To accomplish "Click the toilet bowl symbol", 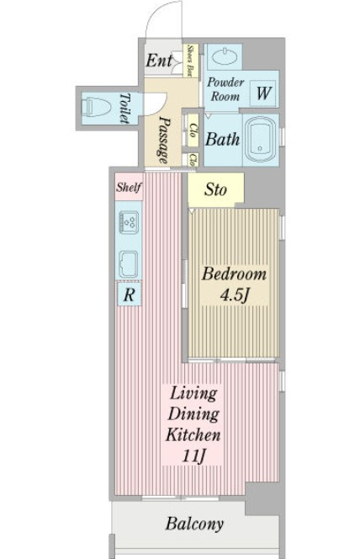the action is click(x=96, y=107).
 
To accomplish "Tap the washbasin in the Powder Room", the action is click(x=225, y=56).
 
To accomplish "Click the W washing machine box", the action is click(x=263, y=93).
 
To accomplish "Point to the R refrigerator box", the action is click(x=130, y=295).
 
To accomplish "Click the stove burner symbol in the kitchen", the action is click(x=129, y=222).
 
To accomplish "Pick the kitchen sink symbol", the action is click(x=129, y=264).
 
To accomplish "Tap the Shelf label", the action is click(x=129, y=187).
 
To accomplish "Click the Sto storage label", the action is click(x=215, y=189).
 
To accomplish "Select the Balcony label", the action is click(x=194, y=524).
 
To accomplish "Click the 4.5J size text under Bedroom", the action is click(x=234, y=295).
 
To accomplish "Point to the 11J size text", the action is click(x=193, y=455).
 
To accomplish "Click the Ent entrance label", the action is click(x=159, y=61).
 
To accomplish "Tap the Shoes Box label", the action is click(x=190, y=61).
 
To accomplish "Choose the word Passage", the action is click(x=163, y=141).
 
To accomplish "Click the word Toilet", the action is click(x=124, y=108).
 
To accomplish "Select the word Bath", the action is click(x=223, y=139).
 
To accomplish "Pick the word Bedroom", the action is click(x=235, y=274).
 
